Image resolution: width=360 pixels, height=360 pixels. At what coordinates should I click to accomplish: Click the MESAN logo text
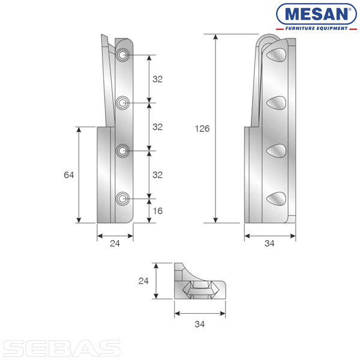coord(316,14)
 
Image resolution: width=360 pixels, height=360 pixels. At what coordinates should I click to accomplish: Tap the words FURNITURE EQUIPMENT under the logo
coord(316,28)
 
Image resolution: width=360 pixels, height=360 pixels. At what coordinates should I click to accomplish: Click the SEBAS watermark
coord(62,348)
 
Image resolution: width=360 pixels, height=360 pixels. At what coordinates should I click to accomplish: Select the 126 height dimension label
coord(202,128)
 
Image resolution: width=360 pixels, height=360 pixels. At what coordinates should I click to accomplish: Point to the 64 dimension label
coord(69,175)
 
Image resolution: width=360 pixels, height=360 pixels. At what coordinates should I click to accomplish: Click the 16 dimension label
coord(158,211)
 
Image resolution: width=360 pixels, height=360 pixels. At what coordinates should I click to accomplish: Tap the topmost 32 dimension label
coord(157,79)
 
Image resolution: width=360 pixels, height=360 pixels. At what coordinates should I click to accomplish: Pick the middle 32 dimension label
coord(157,127)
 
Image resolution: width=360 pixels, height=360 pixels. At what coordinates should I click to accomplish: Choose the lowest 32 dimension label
coord(157,175)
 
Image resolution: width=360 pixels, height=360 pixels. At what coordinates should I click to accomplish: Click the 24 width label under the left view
coord(115,244)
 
